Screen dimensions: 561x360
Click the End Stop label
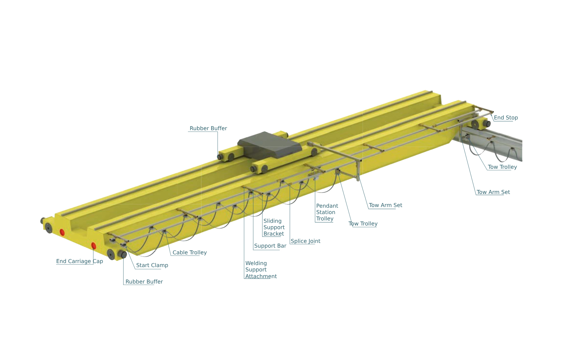[506, 117]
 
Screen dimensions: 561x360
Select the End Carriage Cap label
[79, 261]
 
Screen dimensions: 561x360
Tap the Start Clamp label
[152, 265]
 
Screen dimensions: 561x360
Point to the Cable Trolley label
[190, 252]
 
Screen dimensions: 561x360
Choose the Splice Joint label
[305, 241]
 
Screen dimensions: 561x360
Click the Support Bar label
[270, 246]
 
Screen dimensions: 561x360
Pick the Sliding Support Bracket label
[274, 227]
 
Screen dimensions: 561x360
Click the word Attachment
[261, 276]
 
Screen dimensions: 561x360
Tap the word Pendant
[327, 206]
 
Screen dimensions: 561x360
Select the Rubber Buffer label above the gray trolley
[208, 128]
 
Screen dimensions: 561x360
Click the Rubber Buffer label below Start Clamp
[144, 281]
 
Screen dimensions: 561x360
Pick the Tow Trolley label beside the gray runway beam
[502, 167]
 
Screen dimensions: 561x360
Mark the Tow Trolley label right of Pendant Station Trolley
[363, 223]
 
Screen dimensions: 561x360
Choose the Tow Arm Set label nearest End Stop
[493, 192]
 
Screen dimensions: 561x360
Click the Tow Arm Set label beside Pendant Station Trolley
[385, 205]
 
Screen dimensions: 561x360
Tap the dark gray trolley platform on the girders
[270, 145]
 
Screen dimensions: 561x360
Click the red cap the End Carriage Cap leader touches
[93, 246]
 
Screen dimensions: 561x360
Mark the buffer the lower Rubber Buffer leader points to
[123, 254]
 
